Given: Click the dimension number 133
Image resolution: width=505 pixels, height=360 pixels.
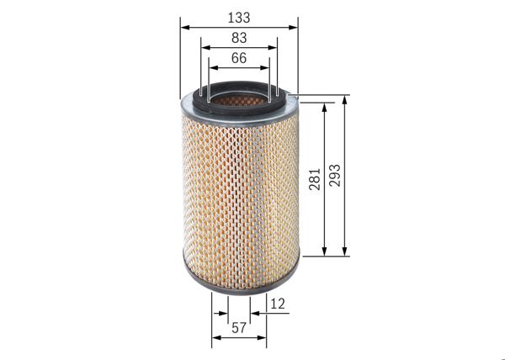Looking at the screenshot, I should [239, 17].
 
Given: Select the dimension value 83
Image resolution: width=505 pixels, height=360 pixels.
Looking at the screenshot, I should [239, 38].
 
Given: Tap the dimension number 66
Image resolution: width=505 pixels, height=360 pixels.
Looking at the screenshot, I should [239, 58].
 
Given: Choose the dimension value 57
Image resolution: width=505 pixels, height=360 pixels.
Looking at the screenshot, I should [239, 328].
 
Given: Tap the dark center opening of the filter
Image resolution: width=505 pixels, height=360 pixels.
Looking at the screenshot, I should [240, 99].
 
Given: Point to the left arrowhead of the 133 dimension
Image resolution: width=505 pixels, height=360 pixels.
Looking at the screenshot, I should [183, 27].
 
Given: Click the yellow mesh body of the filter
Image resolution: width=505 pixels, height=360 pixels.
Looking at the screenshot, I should [240, 193].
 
